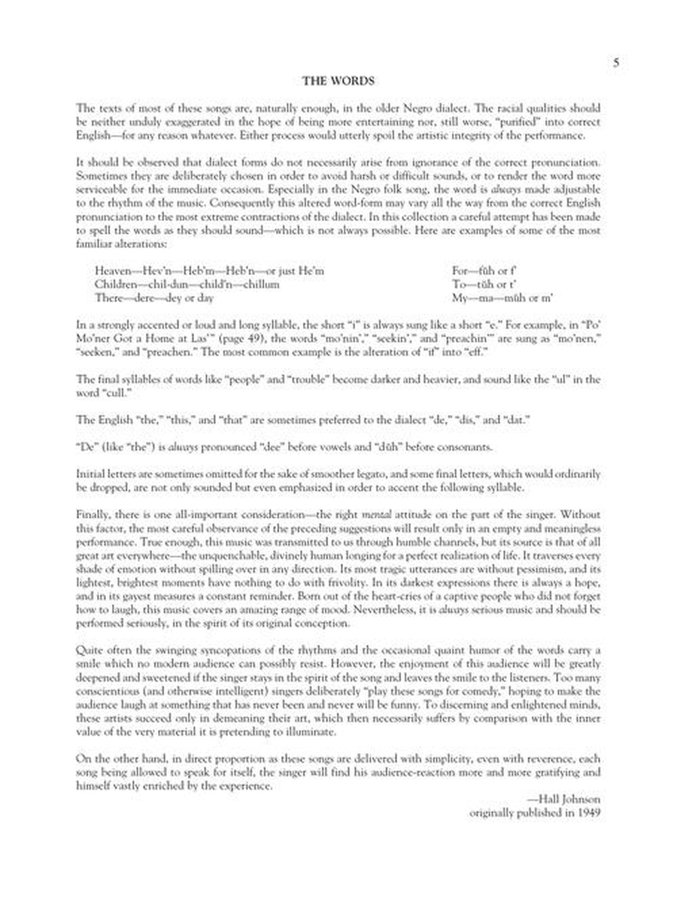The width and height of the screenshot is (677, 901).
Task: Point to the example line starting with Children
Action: pos(187,284)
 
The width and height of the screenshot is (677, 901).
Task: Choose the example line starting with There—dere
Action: pos(154,298)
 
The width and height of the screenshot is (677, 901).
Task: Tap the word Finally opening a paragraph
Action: pos(93,516)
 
